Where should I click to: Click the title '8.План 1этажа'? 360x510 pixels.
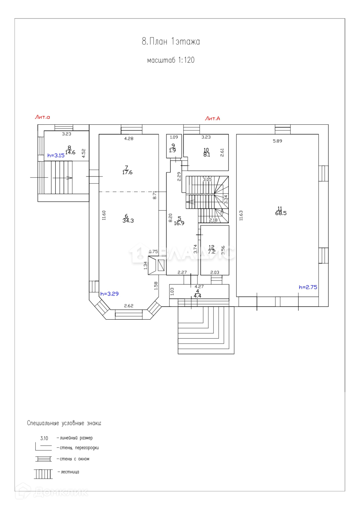click(171, 41)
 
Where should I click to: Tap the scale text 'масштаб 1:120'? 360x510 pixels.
click(171, 60)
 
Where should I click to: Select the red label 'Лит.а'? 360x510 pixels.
click(42, 117)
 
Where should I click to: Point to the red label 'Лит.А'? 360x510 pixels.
click(212, 118)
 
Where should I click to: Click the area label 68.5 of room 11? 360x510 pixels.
click(281, 213)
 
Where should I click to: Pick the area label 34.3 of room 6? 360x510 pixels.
click(128, 221)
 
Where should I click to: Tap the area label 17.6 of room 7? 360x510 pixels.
click(127, 172)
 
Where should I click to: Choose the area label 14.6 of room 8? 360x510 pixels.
click(70, 152)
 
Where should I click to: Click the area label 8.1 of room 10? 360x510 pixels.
click(206, 155)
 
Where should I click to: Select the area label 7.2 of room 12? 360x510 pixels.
click(212, 251)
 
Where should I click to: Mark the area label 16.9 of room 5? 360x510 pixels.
click(179, 223)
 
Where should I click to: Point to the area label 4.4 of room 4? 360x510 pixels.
click(198, 296)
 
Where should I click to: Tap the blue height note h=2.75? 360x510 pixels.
click(308, 287)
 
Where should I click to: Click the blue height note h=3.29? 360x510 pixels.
click(109, 294)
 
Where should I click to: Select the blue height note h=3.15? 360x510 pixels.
click(56, 156)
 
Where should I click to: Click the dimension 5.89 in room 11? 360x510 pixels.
click(277, 141)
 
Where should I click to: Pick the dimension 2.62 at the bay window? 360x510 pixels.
click(129, 306)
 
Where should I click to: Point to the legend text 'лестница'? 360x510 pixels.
click(70, 472)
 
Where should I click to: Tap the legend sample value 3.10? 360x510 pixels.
click(44, 438)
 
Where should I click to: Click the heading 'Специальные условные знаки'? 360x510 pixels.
click(64, 423)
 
